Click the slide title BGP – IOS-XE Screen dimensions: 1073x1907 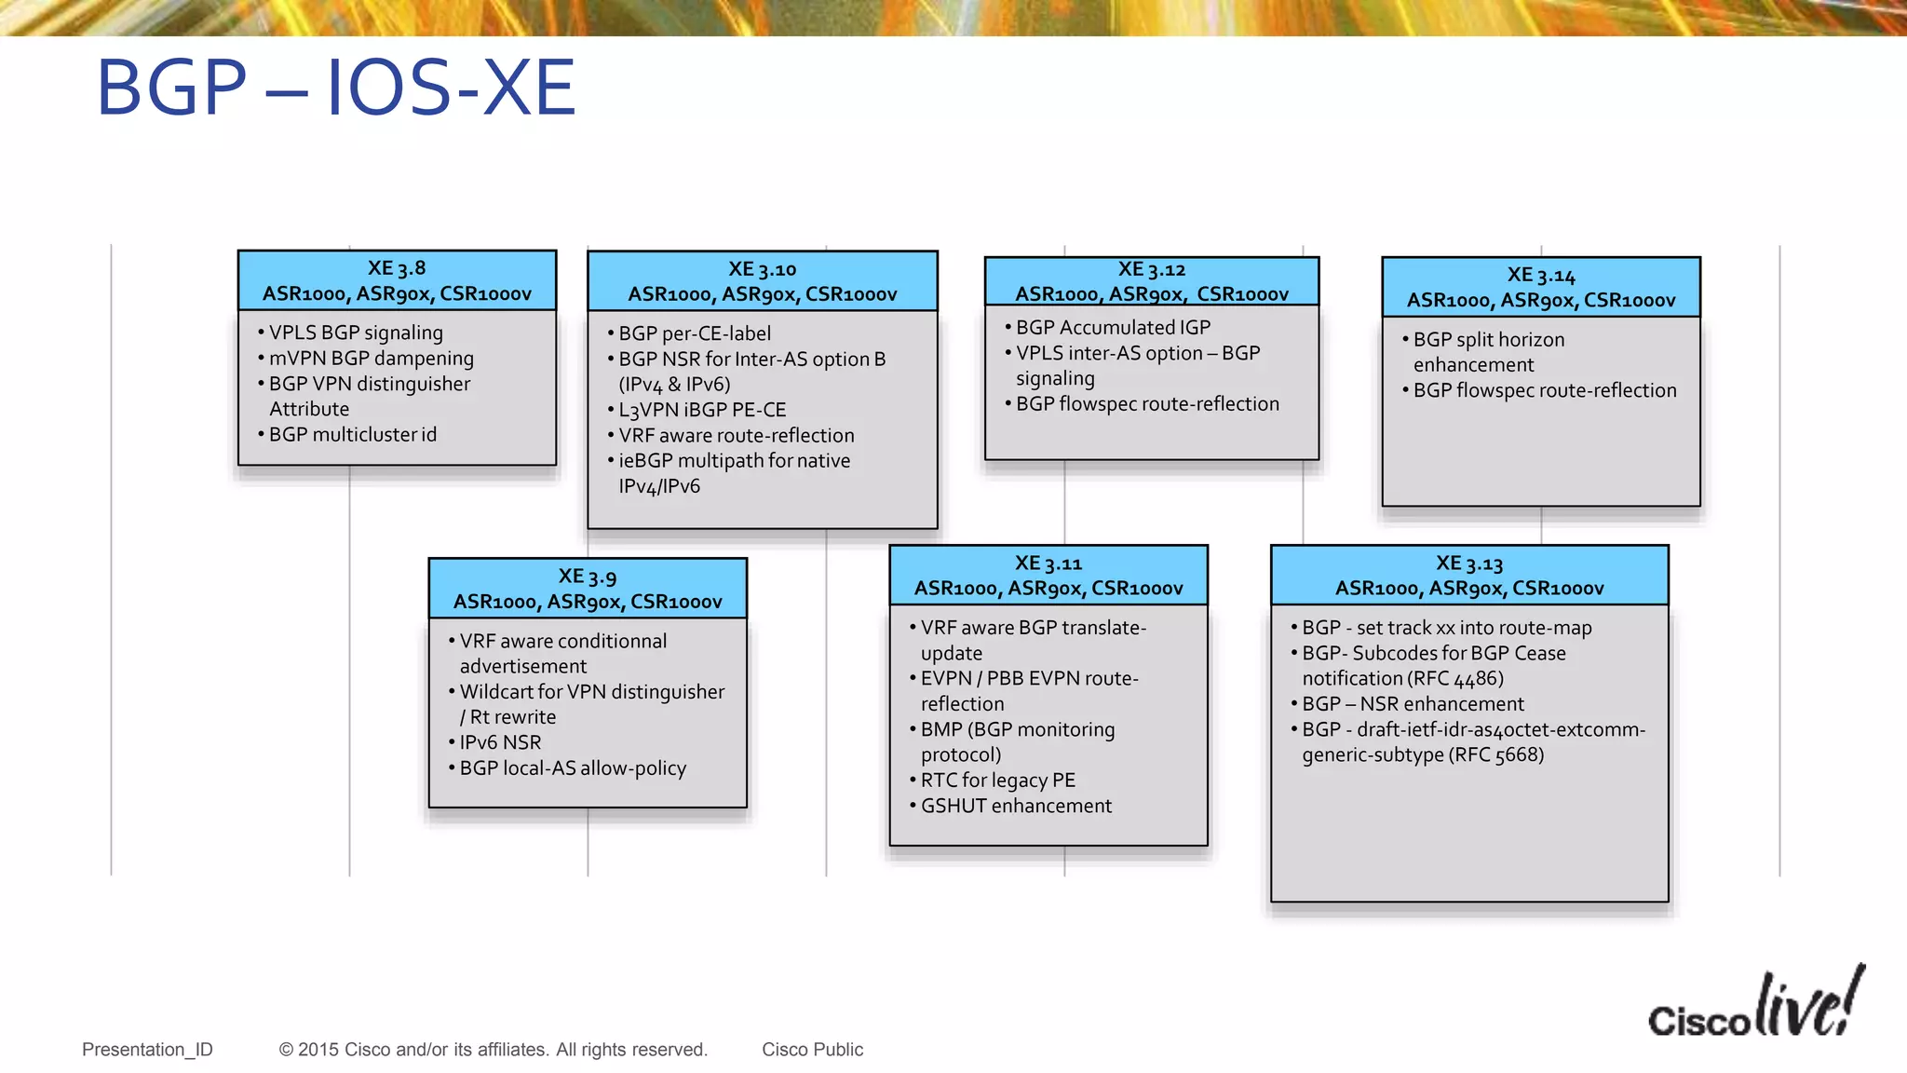click(336, 88)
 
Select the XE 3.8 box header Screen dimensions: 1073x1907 click(397, 280)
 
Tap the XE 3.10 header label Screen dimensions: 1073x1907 click(762, 281)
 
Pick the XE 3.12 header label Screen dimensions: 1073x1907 click(1152, 281)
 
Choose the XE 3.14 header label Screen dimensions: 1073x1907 click(1541, 287)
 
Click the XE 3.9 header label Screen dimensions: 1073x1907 click(588, 589)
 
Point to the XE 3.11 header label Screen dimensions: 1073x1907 click(1048, 575)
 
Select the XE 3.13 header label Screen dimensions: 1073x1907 click(1469, 575)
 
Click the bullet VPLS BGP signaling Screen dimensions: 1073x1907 click(356, 333)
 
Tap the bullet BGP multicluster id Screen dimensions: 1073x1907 click(352, 435)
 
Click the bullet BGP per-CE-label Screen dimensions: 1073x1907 click(695, 333)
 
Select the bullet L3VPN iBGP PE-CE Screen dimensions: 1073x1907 click(702, 410)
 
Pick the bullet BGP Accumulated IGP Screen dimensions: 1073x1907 click(1113, 328)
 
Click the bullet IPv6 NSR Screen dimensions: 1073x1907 click(500, 742)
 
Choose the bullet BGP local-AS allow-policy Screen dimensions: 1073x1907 click(573, 768)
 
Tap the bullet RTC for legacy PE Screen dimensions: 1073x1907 click(997, 781)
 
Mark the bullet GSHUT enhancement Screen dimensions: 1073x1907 click(1016, 806)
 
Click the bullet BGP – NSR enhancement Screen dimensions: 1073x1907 click(1413, 704)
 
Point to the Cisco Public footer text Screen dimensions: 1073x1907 click(812, 1050)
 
